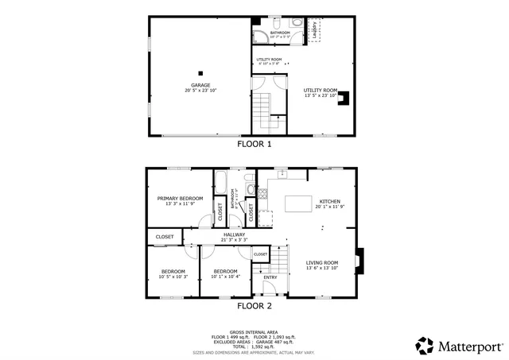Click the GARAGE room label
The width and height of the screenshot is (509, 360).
tap(200, 86)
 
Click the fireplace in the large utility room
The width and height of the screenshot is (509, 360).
tap(344, 99)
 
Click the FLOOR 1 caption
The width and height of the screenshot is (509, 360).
tap(254, 145)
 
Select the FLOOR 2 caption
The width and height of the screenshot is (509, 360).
tap(254, 305)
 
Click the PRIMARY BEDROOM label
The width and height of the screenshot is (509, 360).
tap(180, 199)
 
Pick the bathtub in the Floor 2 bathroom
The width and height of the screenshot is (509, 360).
tap(221, 191)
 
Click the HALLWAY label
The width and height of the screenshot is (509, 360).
tap(234, 234)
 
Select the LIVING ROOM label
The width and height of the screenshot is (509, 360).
tap(322, 263)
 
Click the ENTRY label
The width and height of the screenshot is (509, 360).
tap(270, 277)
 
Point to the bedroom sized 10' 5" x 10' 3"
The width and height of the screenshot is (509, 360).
tap(173, 273)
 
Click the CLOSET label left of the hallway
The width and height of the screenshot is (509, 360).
tap(165, 237)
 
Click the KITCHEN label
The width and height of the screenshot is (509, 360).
tap(329, 202)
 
